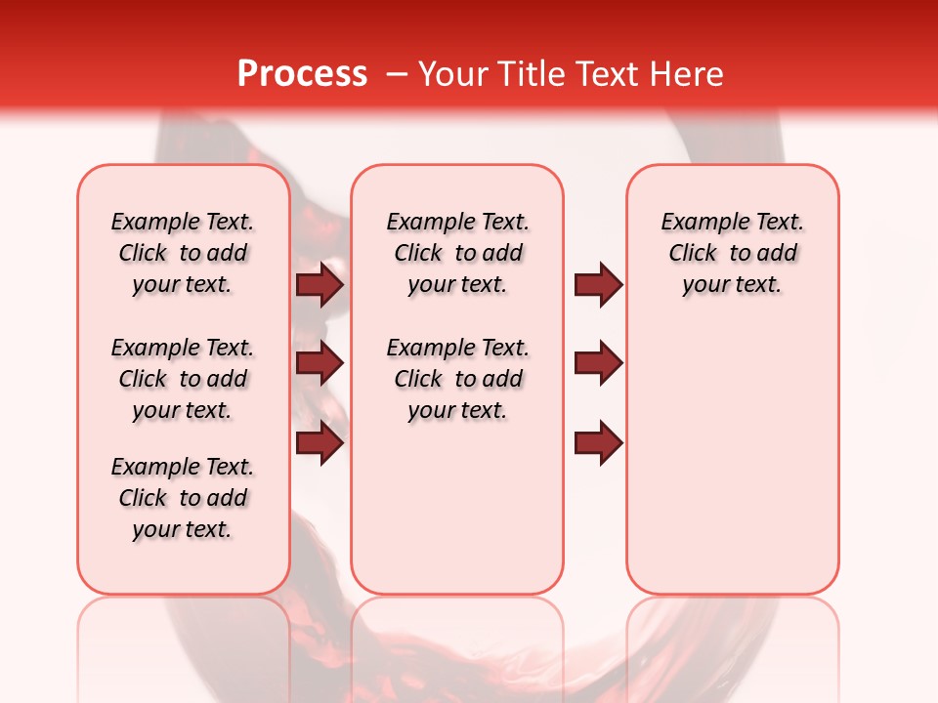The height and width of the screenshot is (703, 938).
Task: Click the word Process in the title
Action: click(x=302, y=73)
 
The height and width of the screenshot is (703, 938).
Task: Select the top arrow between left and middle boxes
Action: click(x=320, y=285)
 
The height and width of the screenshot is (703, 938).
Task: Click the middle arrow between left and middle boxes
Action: click(x=320, y=363)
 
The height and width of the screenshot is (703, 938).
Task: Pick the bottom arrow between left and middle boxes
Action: click(x=320, y=443)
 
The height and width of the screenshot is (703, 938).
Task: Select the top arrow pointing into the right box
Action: click(x=598, y=285)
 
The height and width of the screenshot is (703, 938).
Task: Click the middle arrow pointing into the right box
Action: click(x=598, y=363)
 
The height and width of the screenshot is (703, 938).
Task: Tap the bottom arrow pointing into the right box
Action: click(x=598, y=443)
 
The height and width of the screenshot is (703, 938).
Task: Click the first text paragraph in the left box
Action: click(x=183, y=253)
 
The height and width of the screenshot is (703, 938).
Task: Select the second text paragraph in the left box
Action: click(x=183, y=379)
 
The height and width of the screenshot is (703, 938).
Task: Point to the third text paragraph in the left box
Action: click(x=183, y=498)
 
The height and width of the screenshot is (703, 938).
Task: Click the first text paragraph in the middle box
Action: click(x=457, y=253)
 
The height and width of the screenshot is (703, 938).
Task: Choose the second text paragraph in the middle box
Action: click(x=457, y=379)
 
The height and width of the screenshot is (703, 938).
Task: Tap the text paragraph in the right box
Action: click(x=732, y=253)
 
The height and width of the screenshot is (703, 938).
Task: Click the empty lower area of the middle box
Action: click(x=457, y=508)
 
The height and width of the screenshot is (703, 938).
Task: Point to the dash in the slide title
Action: click(x=398, y=73)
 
